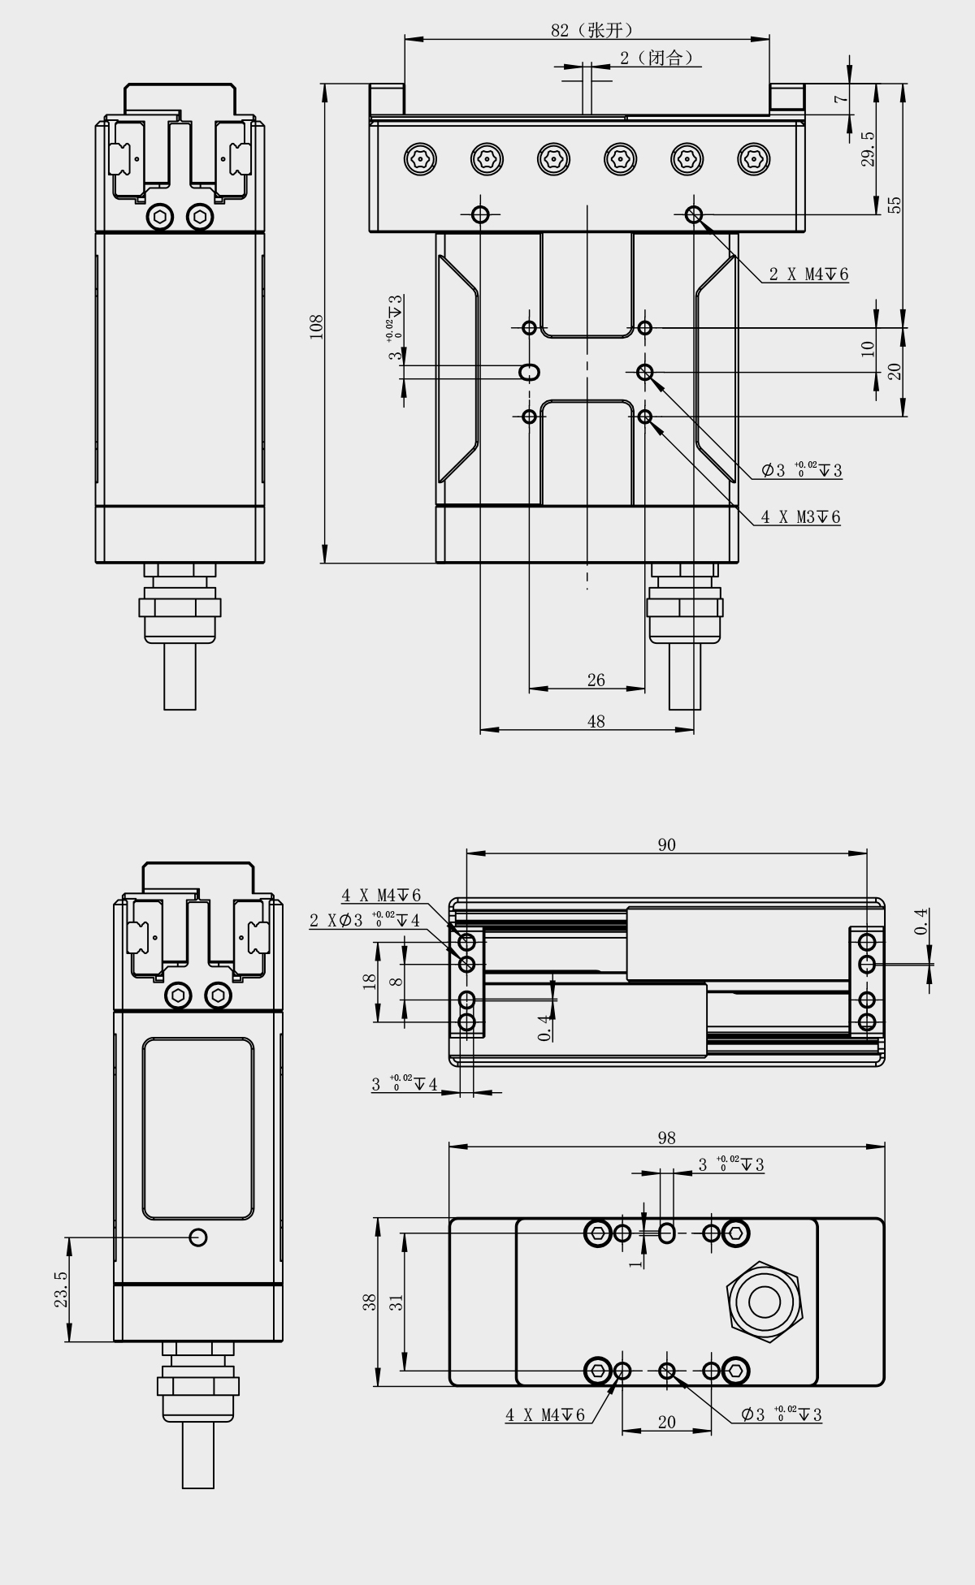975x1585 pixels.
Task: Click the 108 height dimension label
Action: pos(317,326)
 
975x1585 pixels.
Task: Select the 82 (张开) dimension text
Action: pos(591,30)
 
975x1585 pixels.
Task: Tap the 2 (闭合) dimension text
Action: pos(656,58)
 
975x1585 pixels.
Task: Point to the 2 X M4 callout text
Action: pos(808,274)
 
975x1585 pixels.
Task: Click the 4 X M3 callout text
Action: pos(799,516)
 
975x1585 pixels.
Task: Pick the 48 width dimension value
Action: pos(596,721)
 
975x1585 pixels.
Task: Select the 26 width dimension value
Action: pos(596,680)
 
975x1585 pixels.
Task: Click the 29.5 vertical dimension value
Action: pos(868,149)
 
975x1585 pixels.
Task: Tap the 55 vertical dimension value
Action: pos(895,205)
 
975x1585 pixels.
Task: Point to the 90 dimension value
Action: pos(666,844)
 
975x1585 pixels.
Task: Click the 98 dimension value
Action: pos(666,1138)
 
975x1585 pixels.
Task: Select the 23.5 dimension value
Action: pos(61,1289)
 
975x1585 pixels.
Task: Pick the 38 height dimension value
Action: pos(370,1302)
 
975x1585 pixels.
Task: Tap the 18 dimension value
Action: pos(370,980)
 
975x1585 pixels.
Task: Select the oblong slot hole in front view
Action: pos(530,372)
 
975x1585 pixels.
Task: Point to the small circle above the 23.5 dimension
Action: pos(197,1237)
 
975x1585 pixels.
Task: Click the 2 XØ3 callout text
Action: pos(364,921)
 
